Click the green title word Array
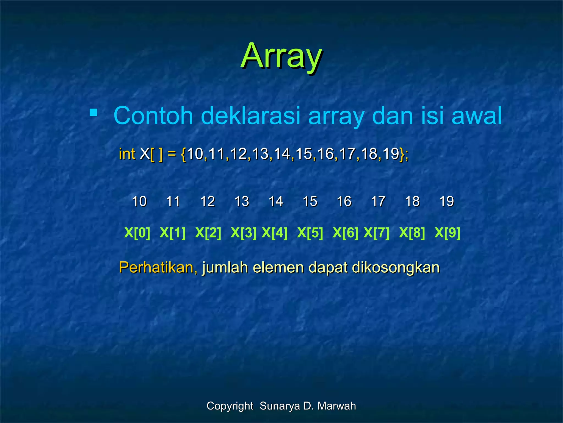281,56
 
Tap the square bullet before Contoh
93,113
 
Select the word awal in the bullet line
477,116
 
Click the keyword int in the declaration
127,154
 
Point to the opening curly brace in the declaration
184,154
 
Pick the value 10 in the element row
139,201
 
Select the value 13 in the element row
242,201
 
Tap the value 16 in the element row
344,201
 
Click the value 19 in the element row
446,201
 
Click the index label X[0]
137,233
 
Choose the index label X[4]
274,233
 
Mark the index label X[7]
376,233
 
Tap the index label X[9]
447,233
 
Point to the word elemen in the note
278,267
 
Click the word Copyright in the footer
230,406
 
